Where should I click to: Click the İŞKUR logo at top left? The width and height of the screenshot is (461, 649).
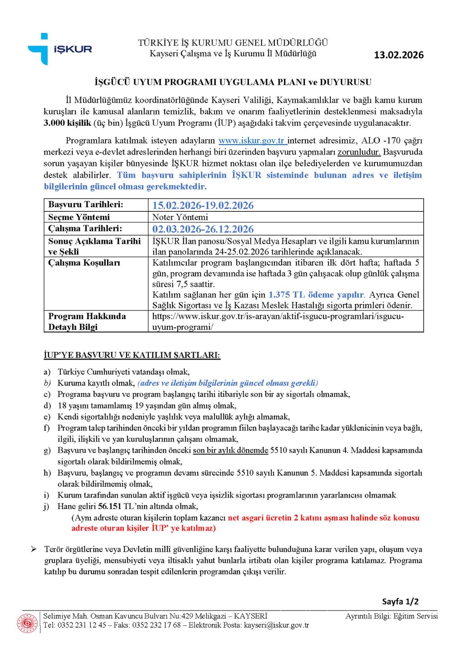[60, 49]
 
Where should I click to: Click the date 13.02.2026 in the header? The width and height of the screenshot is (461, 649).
[399, 55]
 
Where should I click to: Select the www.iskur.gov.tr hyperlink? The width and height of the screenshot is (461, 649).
[252, 141]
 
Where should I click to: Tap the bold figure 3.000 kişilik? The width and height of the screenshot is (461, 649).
[67, 123]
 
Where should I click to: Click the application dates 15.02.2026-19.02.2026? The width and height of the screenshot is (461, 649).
[203, 205]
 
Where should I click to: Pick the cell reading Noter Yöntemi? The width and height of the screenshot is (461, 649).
[180, 217]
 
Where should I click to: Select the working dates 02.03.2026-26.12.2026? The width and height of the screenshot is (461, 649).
[203, 229]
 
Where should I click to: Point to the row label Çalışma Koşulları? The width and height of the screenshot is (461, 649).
[84, 263]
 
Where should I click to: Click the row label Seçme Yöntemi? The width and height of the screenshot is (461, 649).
[79, 217]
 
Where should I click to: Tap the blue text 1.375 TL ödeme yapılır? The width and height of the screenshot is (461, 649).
[316, 295]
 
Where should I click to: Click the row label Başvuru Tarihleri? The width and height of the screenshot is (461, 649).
[86, 204]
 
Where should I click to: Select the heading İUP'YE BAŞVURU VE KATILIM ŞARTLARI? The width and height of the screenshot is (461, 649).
[132, 355]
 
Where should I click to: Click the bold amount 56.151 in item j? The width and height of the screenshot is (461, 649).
[109, 506]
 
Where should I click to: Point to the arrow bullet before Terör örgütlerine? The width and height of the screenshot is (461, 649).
[34, 549]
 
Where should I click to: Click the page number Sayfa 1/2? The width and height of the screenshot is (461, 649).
[400, 601]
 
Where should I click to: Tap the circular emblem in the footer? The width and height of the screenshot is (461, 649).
[27, 623]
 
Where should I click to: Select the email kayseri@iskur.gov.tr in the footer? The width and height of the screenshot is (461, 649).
[276, 625]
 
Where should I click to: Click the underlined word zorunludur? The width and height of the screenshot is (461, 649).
[359, 152]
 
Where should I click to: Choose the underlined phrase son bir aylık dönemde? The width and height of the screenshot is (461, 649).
[230, 450]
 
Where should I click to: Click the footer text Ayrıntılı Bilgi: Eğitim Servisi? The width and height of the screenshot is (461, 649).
[391, 616]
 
